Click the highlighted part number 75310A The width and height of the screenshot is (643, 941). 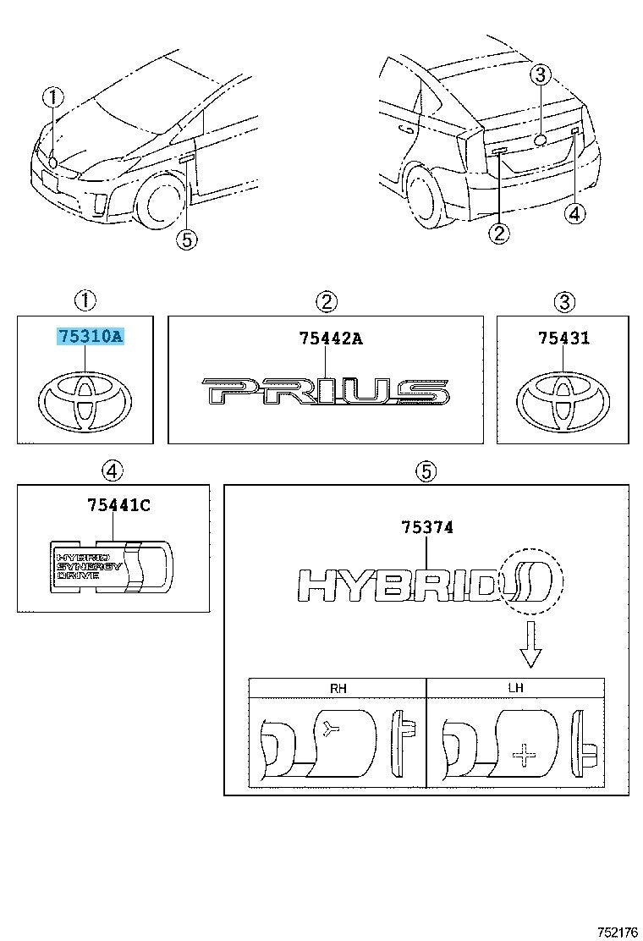point(91,337)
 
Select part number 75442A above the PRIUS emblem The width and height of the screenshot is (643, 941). point(330,338)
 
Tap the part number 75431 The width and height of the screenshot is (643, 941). point(563,338)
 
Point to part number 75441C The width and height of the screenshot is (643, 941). point(118,505)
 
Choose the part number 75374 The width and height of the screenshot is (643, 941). point(427,527)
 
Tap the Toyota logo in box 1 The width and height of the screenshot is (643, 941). point(85,399)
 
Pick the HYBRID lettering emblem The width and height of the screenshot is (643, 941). point(398,584)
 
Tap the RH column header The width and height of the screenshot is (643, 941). point(338,688)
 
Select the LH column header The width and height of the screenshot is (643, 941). point(515,688)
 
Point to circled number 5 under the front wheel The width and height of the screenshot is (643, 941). point(186,240)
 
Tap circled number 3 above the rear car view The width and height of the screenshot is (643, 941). point(540,75)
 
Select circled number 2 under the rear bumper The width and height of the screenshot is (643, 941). point(499,233)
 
